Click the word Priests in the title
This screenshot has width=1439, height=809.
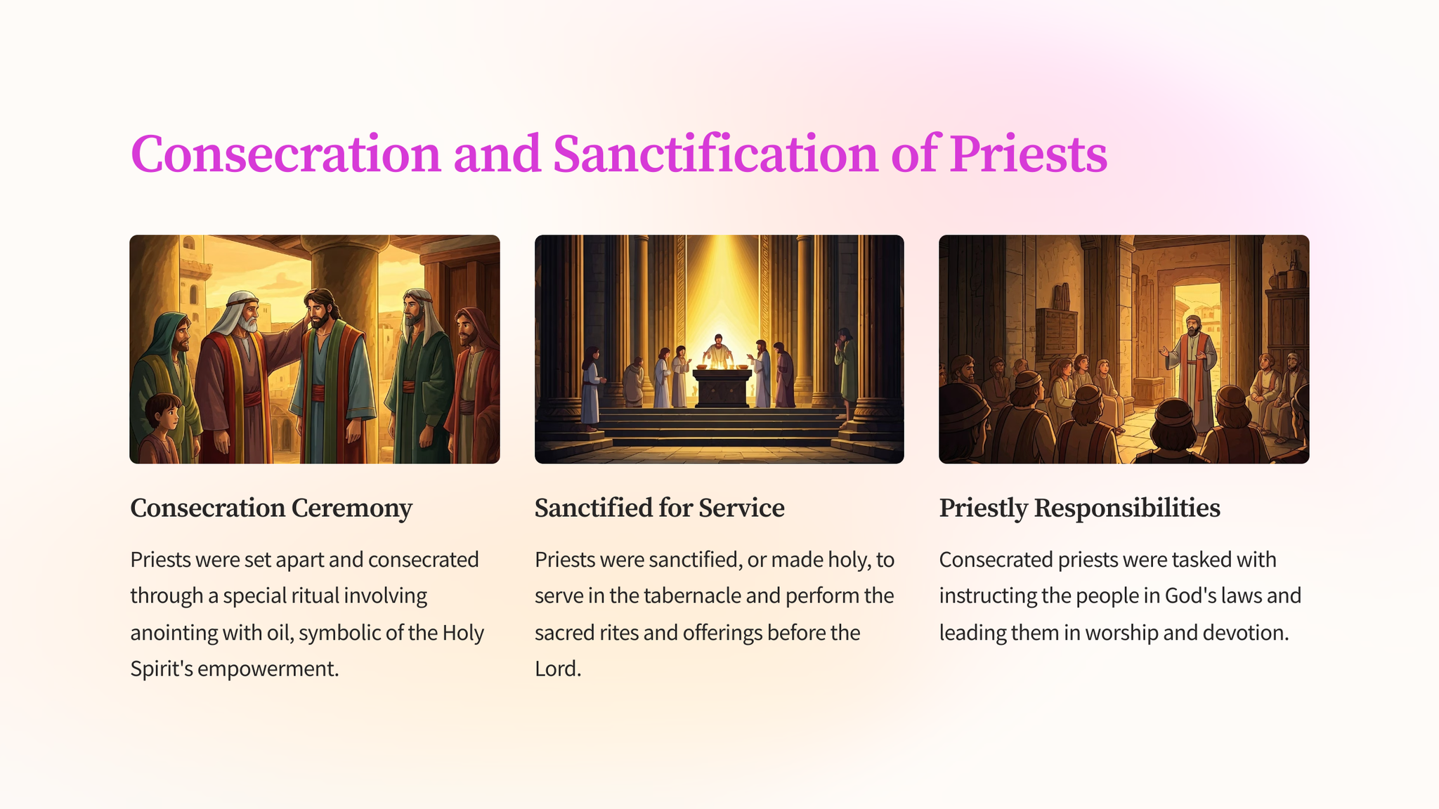coord(1029,153)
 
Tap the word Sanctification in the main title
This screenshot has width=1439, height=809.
coord(715,153)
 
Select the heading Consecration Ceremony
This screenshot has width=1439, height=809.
coord(271,508)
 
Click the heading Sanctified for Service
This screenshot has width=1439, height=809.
coord(659,508)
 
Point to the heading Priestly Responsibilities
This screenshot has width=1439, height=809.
coord(1079,508)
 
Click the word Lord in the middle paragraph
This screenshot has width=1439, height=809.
coord(557,669)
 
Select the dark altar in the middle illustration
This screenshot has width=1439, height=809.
coord(722,388)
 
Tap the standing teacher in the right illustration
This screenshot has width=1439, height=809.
coord(1192,372)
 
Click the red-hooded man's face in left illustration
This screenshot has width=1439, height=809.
coord(464,329)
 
